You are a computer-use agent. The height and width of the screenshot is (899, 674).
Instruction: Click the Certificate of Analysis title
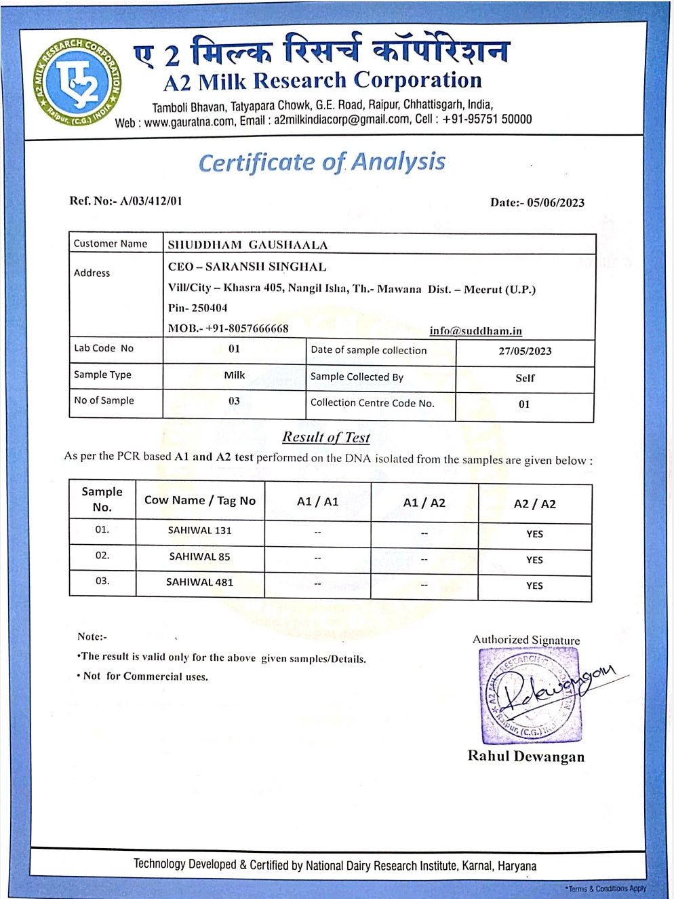pos(321,162)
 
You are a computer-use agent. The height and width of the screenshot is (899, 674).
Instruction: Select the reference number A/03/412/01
pos(151,201)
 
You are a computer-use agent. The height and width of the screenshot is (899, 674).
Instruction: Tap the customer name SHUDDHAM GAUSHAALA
pos(247,245)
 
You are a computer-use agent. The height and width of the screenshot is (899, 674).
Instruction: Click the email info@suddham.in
pos(475,331)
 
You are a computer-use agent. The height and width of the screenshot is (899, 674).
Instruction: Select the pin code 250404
pos(209,308)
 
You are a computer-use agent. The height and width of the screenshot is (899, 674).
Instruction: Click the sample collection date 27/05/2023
pos(524,351)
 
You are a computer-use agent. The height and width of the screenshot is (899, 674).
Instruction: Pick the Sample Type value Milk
pos(234,375)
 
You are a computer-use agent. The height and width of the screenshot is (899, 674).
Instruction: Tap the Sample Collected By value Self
pos(525,378)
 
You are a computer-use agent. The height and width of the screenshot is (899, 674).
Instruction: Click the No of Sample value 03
pos(234,401)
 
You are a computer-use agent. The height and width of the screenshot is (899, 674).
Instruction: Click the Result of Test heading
pos(326,438)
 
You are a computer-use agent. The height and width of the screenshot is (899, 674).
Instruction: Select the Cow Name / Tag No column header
pos(200,500)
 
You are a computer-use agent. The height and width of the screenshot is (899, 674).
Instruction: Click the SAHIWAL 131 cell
pos(199,531)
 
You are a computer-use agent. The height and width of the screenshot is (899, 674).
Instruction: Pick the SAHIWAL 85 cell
pos(199,556)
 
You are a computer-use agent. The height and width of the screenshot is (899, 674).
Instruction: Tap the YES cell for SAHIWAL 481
pos(534,586)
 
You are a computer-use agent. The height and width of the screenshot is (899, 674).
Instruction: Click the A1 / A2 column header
pos(424,503)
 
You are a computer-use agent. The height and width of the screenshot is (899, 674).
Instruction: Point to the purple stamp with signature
pos(529,695)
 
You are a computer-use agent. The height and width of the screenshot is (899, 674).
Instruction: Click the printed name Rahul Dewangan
pos(526,757)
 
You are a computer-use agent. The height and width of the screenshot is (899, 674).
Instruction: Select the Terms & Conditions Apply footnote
pos(606,888)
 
